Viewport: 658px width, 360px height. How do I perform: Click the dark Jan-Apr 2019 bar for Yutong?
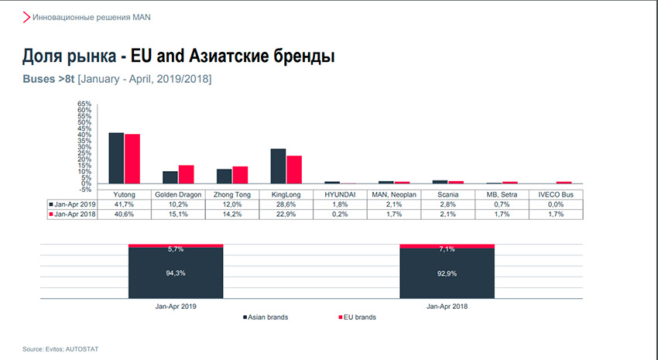(x=116, y=158)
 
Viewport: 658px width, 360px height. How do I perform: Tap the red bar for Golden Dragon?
(x=186, y=174)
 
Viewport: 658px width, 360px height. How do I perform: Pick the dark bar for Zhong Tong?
(x=224, y=176)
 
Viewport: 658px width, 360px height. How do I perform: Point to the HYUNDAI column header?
(x=339, y=194)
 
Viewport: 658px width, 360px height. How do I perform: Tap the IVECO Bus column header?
(x=555, y=194)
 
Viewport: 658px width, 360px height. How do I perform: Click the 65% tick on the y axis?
(x=84, y=104)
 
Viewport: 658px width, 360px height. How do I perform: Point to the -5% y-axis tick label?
(x=84, y=190)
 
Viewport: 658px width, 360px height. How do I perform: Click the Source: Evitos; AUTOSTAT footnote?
(x=60, y=349)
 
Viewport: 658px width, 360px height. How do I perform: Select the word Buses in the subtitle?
(x=39, y=79)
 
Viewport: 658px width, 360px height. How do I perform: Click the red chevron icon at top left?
(x=26, y=16)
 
